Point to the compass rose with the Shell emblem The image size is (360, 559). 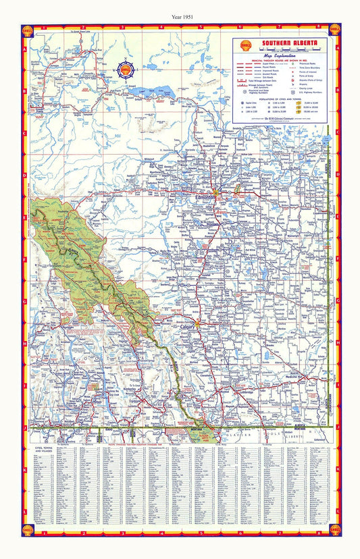pos(125,69)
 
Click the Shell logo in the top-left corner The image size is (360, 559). pos(28,30)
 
